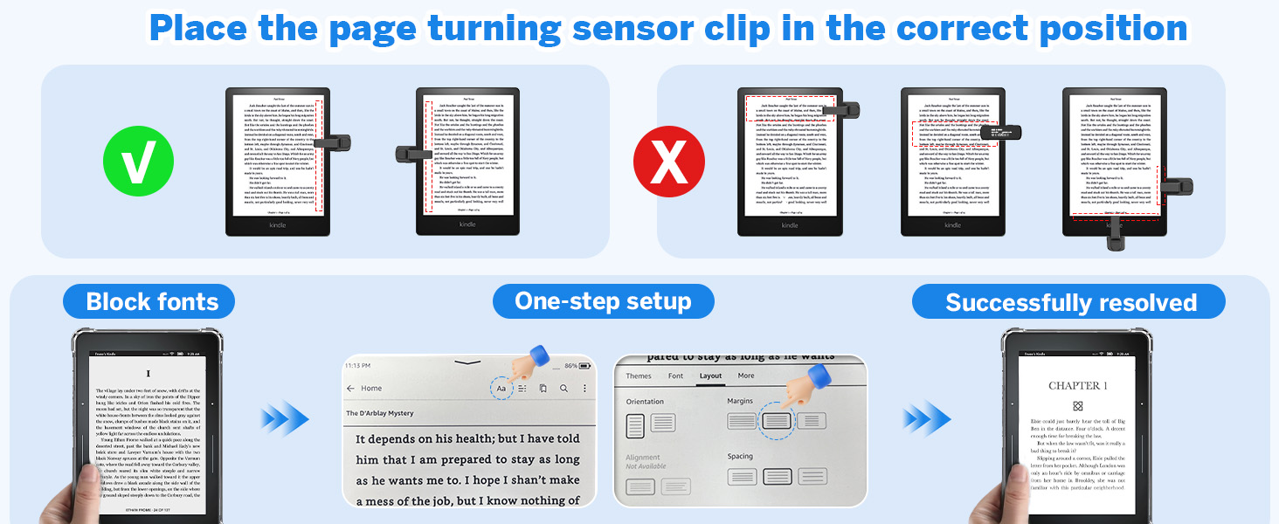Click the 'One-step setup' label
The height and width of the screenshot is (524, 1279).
(603, 301)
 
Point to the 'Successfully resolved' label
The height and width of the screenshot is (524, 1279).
(1070, 303)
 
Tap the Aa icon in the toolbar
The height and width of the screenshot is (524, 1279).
(501, 389)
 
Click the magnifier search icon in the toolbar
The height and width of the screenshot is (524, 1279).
(564, 389)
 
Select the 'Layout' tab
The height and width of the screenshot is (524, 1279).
(710, 376)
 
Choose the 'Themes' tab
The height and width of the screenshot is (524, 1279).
(639, 376)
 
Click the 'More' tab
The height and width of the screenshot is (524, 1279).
(745, 376)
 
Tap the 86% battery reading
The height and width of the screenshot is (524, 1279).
(571, 365)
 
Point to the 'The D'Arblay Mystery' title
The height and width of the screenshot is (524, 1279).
(380, 413)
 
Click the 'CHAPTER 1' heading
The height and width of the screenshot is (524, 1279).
(1077, 385)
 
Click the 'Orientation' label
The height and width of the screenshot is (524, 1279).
(646, 401)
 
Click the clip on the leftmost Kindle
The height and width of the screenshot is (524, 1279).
(332, 141)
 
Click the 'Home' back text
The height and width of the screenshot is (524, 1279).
(371, 389)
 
